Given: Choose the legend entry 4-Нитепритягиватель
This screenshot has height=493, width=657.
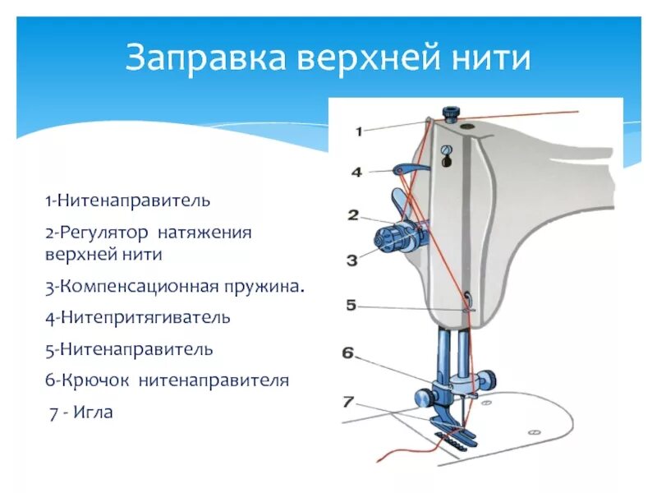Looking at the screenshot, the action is click(138, 316).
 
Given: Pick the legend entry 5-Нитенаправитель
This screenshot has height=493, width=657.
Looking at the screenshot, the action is click(130, 349).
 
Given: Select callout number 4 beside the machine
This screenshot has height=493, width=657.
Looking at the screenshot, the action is click(356, 173).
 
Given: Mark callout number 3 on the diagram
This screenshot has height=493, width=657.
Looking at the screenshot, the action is click(351, 260).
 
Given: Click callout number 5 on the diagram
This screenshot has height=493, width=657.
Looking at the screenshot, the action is click(351, 305).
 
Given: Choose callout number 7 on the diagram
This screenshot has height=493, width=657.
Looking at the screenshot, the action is click(348, 402).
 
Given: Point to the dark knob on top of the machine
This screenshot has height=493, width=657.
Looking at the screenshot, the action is click(450, 113).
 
